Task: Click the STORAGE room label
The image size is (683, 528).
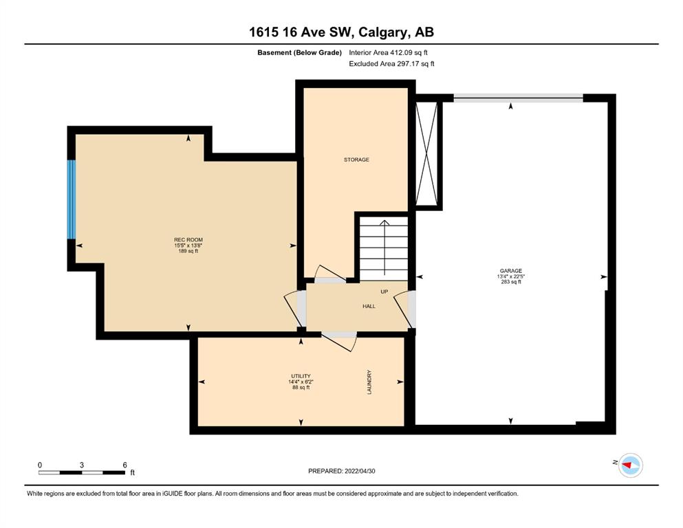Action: (x=356, y=159)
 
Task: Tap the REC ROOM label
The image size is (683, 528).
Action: (x=188, y=240)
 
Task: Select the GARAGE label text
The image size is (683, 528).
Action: (x=511, y=271)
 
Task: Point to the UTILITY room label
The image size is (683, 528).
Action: (x=301, y=376)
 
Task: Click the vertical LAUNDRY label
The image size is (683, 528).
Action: (x=369, y=382)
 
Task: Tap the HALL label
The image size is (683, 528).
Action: (x=369, y=307)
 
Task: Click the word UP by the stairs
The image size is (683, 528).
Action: (x=384, y=291)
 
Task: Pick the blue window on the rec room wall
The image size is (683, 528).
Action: (x=72, y=199)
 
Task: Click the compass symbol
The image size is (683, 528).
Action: (x=631, y=465)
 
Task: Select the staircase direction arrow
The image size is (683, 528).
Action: (x=384, y=247)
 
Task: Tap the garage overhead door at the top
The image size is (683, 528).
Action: (x=519, y=98)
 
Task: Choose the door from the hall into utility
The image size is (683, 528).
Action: (x=340, y=341)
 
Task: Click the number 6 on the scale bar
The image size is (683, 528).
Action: (x=124, y=465)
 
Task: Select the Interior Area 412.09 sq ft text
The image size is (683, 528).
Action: (x=388, y=53)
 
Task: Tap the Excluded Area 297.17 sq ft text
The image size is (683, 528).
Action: (x=391, y=64)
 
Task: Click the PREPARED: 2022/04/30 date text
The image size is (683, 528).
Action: (x=341, y=471)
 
